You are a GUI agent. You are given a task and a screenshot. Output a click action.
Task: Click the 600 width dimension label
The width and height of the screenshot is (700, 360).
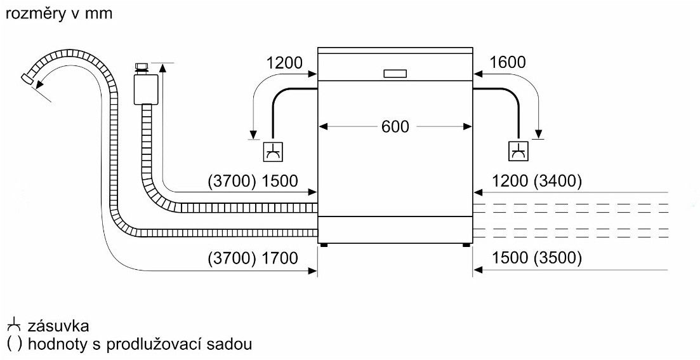(395, 126)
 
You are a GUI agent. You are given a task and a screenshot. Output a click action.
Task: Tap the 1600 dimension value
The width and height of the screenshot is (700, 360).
(508, 62)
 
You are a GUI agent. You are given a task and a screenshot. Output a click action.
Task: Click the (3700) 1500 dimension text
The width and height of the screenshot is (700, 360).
(252, 181)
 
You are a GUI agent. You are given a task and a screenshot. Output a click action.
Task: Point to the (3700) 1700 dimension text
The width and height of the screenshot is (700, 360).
(252, 258)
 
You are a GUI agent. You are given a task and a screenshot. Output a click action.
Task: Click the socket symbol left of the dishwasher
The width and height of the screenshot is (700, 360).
(273, 152)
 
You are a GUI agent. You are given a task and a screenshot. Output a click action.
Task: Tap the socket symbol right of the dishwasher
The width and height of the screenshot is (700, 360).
(518, 152)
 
